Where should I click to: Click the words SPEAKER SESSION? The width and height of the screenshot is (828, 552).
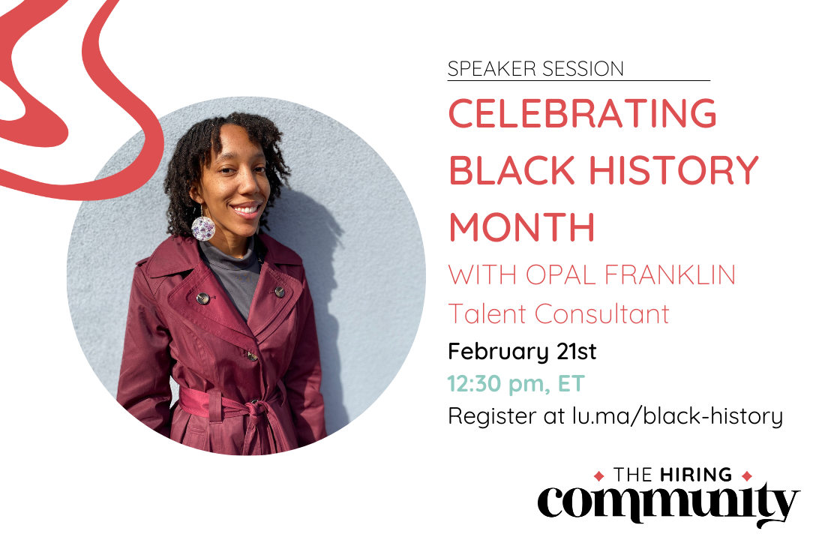tap(535, 69)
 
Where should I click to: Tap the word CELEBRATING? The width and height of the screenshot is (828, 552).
tap(583, 113)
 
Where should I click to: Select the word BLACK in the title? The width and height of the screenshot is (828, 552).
tap(511, 170)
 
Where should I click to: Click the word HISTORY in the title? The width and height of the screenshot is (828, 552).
tap(673, 170)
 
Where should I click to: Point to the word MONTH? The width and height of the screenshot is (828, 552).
tap(522, 227)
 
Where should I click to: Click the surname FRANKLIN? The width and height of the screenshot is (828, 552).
tap(670, 274)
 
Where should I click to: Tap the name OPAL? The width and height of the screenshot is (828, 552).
tap(561, 274)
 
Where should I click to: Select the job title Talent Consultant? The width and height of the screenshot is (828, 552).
tap(559, 313)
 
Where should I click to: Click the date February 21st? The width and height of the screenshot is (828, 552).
tap(522, 351)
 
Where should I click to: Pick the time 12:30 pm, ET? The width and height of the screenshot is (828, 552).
tap(516, 383)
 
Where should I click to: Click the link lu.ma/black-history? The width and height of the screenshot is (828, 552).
tap(677, 415)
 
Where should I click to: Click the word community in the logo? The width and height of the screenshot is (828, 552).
tap(668, 502)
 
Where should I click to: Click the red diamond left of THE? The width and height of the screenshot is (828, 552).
tap(598, 476)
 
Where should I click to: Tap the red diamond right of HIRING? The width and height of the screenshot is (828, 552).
tap(747, 476)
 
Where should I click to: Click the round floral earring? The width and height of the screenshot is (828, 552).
tap(202, 228)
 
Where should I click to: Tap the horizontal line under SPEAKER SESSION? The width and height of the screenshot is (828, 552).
tap(579, 81)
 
